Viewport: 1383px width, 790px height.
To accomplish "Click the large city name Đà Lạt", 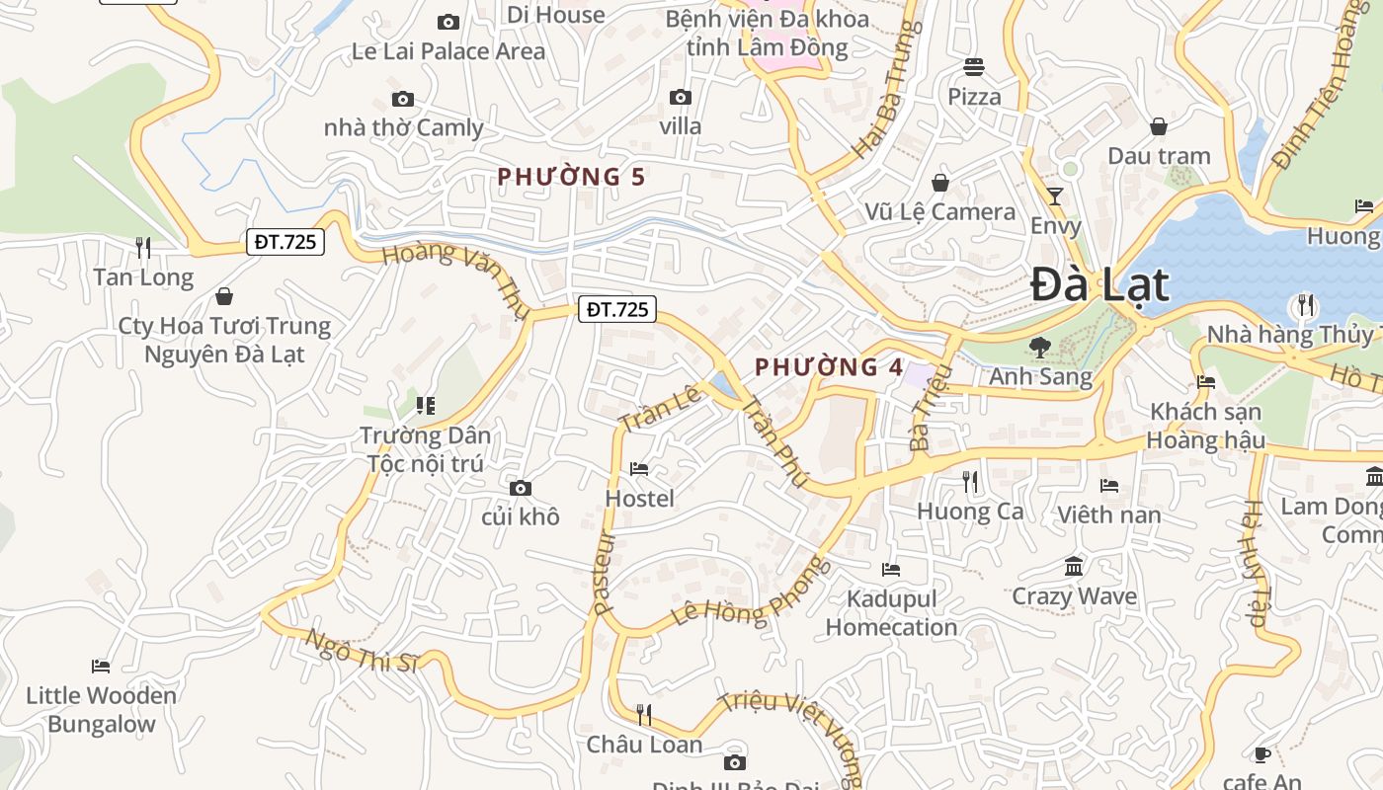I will pyautogui.click(x=1099, y=285).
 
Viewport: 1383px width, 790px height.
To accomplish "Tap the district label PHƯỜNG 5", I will pyautogui.click(x=571, y=177).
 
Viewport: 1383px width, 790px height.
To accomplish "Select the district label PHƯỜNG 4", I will pyautogui.click(x=829, y=367).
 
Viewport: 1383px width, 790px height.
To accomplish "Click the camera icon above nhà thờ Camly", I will pyautogui.click(x=403, y=99).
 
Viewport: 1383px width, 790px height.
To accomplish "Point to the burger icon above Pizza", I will pyautogui.click(x=974, y=67).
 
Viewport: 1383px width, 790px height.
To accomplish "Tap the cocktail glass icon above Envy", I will pyautogui.click(x=1055, y=196).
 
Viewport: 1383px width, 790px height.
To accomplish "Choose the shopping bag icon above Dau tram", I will pyautogui.click(x=1159, y=126).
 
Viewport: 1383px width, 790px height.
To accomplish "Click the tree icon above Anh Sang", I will pyautogui.click(x=1039, y=347).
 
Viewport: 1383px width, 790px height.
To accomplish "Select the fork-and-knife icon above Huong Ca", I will pyautogui.click(x=970, y=481).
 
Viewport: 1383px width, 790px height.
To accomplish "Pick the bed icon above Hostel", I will pyautogui.click(x=639, y=468).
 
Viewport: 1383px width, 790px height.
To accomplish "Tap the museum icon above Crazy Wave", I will pyautogui.click(x=1074, y=566).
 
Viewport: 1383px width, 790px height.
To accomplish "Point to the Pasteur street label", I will pyautogui.click(x=605, y=574).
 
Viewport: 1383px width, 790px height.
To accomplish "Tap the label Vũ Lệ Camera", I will pyautogui.click(x=939, y=212).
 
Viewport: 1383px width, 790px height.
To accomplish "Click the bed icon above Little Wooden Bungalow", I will pyautogui.click(x=101, y=666).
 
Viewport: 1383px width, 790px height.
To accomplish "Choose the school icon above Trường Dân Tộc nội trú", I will pyautogui.click(x=426, y=405).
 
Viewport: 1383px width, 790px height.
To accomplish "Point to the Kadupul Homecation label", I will pyautogui.click(x=891, y=613).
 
